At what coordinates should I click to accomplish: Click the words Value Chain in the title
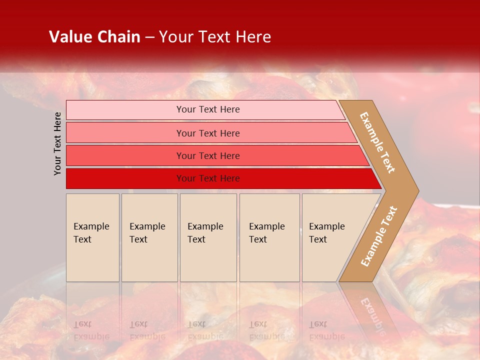pyautogui.click(x=94, y=37)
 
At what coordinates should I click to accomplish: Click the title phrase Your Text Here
pyautogui.click(x=215, y=37)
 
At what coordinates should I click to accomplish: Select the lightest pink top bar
pyautogui.click(x=125, y=109)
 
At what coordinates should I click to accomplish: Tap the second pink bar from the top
pyautogui.click(x=125, y=133)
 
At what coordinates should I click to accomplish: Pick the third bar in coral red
pyautogui.click(x=125, y=155)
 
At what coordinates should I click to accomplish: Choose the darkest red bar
pyautogui.click(x=125, y=178)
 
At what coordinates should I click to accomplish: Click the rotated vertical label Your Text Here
pyautogui.click(x=57, y=143)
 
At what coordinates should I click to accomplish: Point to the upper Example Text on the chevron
pyautogui.click(x=377, y=142)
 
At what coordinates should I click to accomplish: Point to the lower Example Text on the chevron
pyautogui.click(x=378, y=236)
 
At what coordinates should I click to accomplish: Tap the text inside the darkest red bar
pyautogui.click(x=208, y=178)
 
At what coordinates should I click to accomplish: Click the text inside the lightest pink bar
pyautogui.click(x=208, y=109)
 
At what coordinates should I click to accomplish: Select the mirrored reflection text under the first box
pyautogui.click(x=91, y=330)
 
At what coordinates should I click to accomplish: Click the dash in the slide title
pyautogui.click(x=149, y=37)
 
